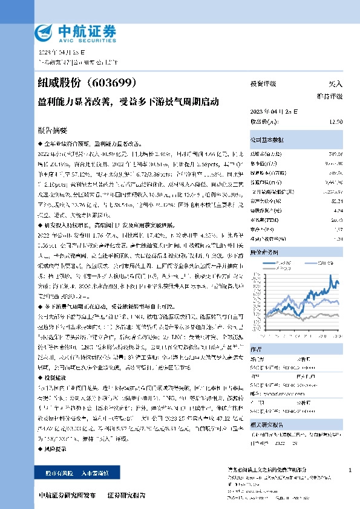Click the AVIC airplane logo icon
coord(44,31)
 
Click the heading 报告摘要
coord(53,131)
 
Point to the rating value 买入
coord(335,84)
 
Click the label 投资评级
coord(263,84)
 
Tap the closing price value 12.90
coord(336,122)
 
